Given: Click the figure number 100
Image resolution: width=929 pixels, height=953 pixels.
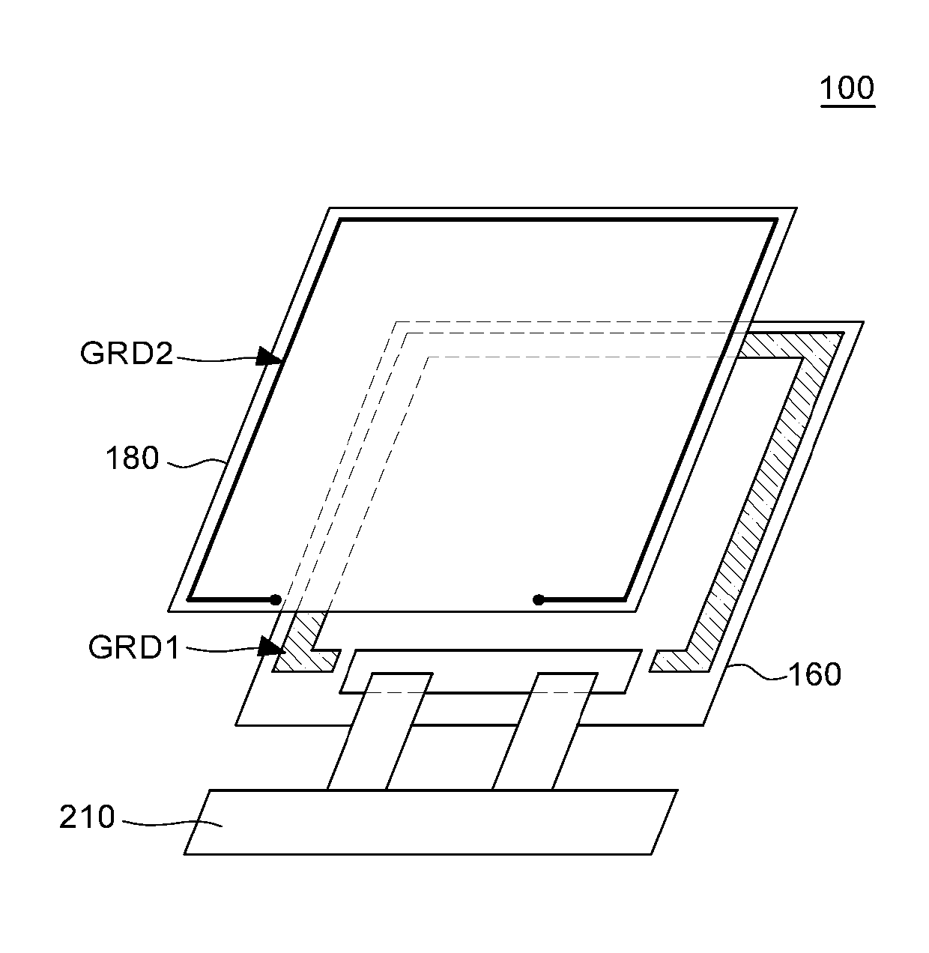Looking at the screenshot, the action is point(847,88).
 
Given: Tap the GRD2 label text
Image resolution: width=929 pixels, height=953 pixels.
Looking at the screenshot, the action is point(126,354).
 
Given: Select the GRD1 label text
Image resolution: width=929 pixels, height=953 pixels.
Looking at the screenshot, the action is point(134,648).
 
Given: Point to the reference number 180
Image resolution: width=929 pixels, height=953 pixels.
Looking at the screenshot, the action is point(133,459).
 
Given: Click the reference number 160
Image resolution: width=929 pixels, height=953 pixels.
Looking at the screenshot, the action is point(814,676).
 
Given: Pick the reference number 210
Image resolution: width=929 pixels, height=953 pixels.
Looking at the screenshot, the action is point(87,817).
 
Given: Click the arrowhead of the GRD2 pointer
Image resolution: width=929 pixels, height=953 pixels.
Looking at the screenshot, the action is point(270,356).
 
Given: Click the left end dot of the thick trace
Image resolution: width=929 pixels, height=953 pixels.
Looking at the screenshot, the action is point(275,599).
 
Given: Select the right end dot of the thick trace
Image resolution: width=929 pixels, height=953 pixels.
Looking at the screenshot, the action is point(538,599).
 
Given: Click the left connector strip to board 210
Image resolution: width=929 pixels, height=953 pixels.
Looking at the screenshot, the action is point(378,731).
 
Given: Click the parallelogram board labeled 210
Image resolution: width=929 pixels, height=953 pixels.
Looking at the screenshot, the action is point(431,822).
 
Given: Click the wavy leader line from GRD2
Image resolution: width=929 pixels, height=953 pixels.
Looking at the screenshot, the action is point(217,359).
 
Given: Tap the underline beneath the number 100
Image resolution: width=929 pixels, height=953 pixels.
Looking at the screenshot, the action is point(847,106).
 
